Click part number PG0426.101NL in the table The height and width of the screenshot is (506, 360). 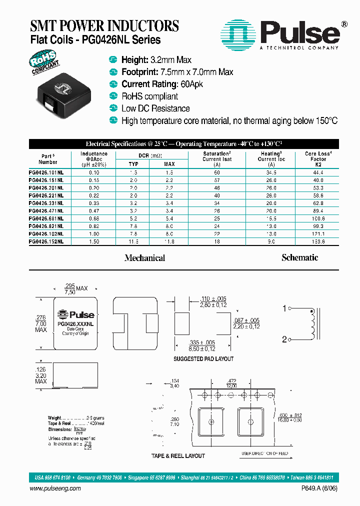[46, 172]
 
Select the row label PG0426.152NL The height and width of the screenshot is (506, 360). [46, 241]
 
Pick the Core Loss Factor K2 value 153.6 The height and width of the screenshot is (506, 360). [318, 241]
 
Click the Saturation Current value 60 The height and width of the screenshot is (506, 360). [216, 172]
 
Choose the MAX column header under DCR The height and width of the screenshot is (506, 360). [169, 164]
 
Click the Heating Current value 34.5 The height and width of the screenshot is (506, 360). [270, 172]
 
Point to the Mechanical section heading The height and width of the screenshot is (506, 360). [144, 258]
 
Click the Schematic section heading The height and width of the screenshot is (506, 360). [299, 257]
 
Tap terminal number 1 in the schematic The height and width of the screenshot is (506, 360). [284, 308]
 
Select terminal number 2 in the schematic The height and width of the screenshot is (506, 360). [284, 339]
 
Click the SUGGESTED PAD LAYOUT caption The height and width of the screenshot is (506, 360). [203, 359]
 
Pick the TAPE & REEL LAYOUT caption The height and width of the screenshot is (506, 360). [178, 456]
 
